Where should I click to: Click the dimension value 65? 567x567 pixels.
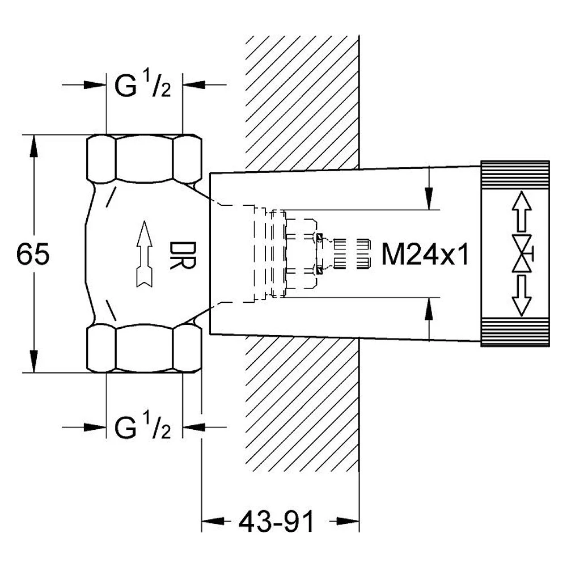[33, 254]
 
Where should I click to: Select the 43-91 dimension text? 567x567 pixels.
[277, 522]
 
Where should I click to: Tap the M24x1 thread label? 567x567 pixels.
[425, 255]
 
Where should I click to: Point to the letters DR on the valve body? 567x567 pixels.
[183, 255]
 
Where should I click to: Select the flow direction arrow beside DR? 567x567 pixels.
[145, 254]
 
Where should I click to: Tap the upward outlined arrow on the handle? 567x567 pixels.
[522, 211]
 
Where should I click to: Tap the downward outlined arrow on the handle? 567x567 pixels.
[522, 296]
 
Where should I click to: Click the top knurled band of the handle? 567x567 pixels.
[515, 175]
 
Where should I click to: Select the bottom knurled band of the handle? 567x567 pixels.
[515, 332]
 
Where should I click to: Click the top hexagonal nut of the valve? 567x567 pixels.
[144, 159]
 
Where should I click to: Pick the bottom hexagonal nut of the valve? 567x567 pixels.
[144, 348]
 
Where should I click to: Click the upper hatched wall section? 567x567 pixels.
[302, 102]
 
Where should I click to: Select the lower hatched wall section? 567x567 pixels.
[302, 404]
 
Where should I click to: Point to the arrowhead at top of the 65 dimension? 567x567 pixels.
[33, 146]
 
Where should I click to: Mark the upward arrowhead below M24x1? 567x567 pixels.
[429, 309]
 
